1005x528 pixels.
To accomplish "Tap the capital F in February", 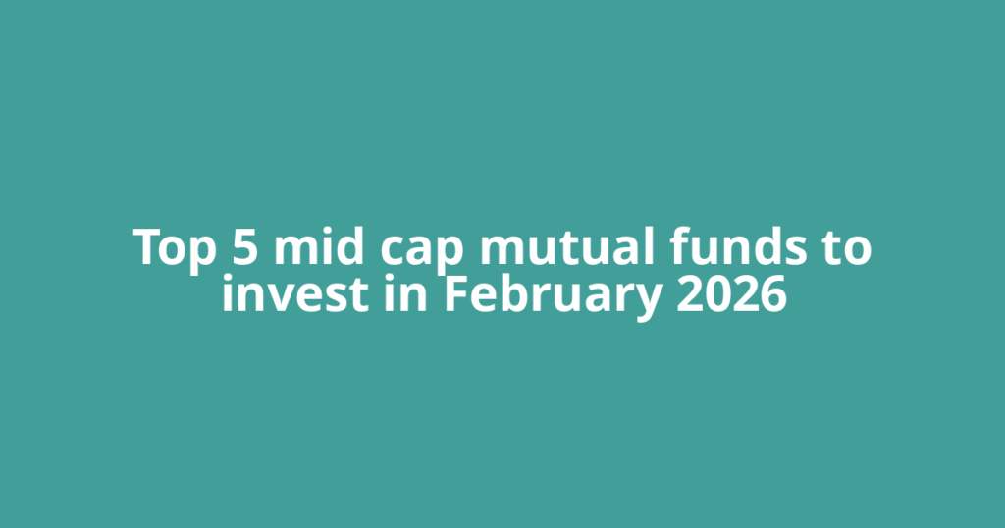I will [x=455, y=293].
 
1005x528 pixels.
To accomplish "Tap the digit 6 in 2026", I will [x=773, y=293].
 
